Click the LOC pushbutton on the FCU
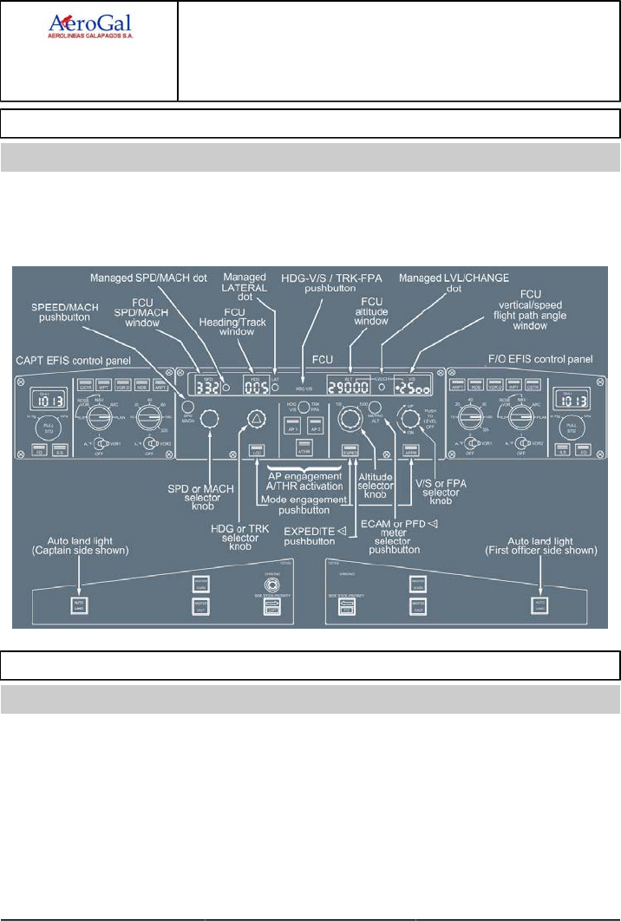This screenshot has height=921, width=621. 256,451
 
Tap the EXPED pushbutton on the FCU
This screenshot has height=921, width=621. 350,451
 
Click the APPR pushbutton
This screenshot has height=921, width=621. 412,451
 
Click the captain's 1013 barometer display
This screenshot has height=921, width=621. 47,400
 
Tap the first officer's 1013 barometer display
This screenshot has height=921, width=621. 575,400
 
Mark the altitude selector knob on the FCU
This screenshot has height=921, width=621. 349,420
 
